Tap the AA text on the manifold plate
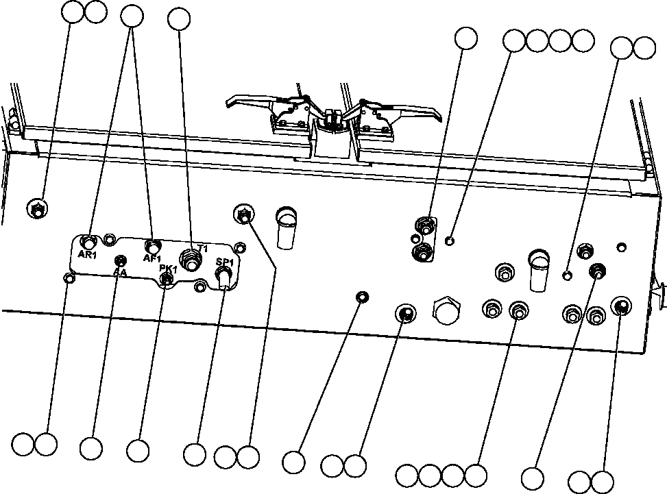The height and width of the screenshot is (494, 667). [119, 272]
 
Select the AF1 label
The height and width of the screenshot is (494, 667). [151, 258]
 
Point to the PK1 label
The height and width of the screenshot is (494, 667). [169, 269]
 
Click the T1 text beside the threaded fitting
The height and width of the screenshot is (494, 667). [202, 248]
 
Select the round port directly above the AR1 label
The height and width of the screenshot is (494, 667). [89, 241]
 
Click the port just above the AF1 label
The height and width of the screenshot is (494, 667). [152, 245]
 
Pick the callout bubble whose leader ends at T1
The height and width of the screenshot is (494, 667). [179, 19]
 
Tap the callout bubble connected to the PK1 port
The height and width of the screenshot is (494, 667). [138, 449]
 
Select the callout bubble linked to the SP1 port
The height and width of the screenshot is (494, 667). [195, 454]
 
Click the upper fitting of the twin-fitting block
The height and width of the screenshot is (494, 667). [426, 225]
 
